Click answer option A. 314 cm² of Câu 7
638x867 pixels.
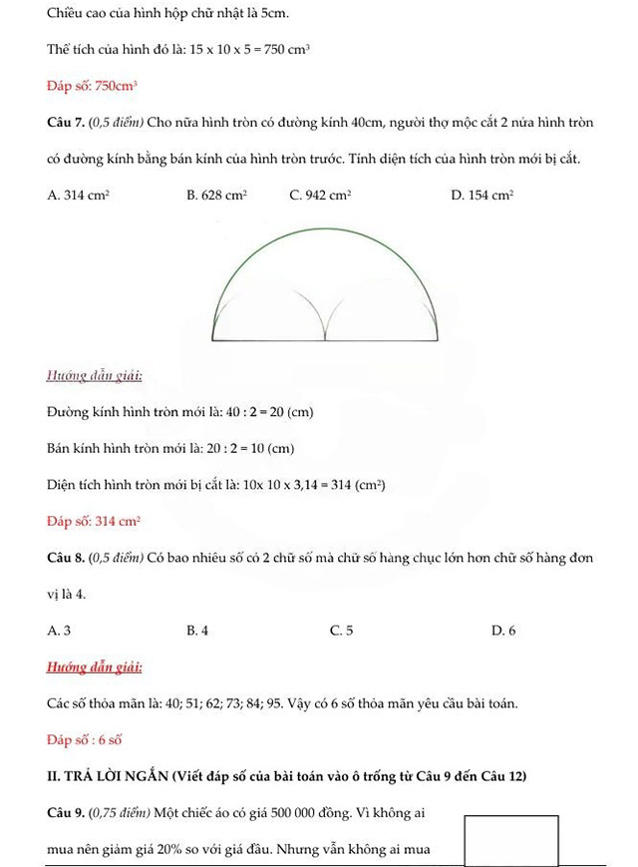coord(78,197)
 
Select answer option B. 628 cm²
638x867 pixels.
coord(216,197)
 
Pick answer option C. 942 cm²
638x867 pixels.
coord(320,197)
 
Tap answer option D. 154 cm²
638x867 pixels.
coord(481,197)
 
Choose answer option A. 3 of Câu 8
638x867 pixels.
coord(59,631)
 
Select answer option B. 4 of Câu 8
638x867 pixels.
coord(197,631)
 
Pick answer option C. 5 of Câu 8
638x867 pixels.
coord(341,631)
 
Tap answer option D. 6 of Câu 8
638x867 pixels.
coord(503,631)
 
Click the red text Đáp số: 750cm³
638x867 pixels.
coord(92,87)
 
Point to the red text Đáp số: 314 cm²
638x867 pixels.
coord(94,521)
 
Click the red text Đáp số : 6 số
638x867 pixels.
coord(85,740)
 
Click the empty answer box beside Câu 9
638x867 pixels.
coord(511,840)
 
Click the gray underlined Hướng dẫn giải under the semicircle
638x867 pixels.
coord(94,376)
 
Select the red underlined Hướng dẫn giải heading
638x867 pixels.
coord(94,666)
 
